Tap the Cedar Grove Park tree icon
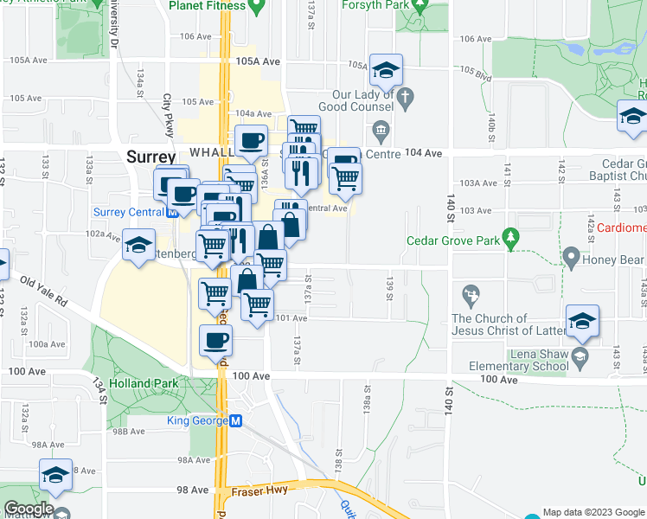(x=511, y=235)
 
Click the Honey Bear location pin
(x=570, y=257)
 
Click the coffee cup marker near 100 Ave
(x=215, y=342)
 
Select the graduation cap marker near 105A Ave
(x=387, y=69)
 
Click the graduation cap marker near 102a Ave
(x=138, y=245)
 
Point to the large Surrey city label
(x=151, y=156)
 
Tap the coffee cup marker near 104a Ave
(x=251, y=140)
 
